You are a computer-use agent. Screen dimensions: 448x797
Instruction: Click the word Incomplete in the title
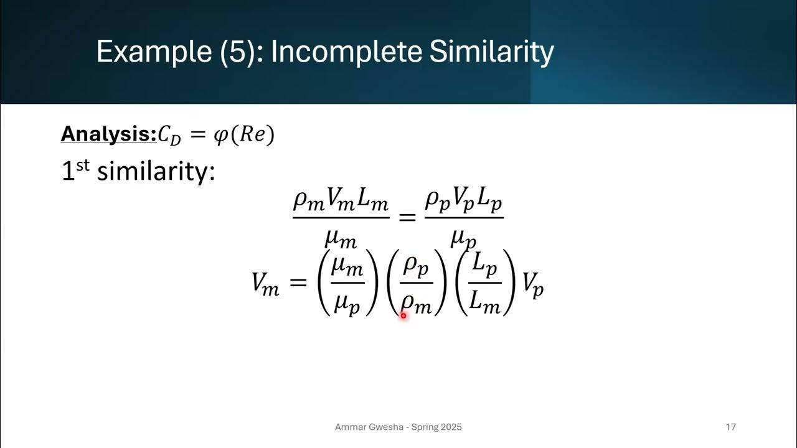click(x=346, y=52)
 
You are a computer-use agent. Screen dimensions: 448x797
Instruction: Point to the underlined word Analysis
click(x=108, y=134)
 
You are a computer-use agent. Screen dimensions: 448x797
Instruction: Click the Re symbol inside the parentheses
click(x=252, y=135)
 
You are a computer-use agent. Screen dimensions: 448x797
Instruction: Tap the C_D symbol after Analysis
click(x=169, y=136)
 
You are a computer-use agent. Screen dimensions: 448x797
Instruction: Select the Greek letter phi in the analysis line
click(x=220, y=135)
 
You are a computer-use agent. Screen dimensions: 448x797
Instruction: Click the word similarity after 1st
click(x=156, y=170)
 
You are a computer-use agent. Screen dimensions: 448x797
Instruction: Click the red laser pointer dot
click(x=403, y=315)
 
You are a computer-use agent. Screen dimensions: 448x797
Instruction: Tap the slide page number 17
click(x=731, y=427)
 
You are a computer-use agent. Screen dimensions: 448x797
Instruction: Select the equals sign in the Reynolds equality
click(x=407, y=217)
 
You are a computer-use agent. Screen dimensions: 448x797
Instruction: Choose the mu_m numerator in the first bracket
click(x=347, y=266)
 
